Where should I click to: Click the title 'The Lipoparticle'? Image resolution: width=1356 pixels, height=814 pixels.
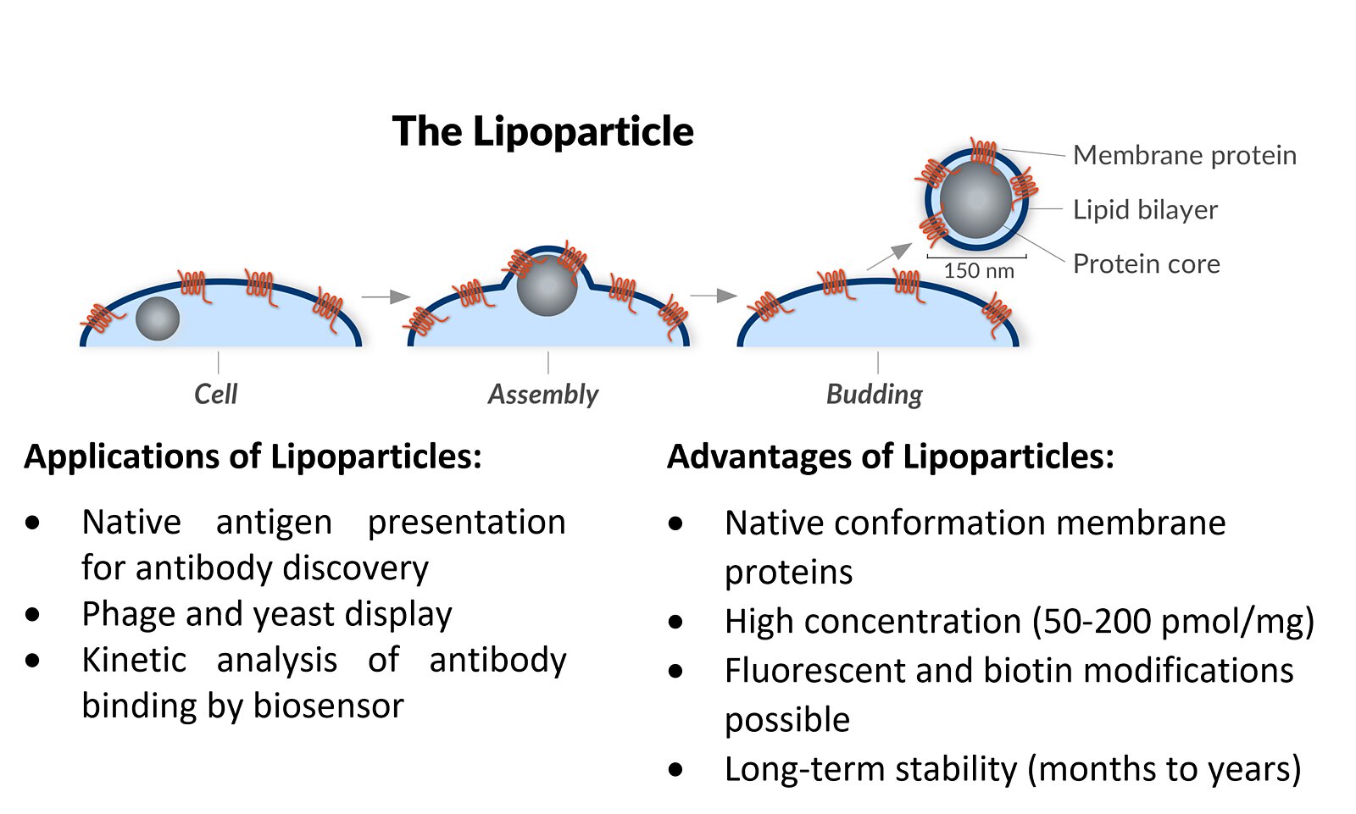point(542,132)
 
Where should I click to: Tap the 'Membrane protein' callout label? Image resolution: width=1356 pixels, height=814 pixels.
point(1184,156)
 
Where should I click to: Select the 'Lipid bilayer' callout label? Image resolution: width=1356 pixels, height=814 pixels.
point(1144,209)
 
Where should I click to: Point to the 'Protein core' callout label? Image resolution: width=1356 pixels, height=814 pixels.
point(1146,263)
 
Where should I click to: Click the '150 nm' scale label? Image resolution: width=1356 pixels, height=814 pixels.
point(978,271)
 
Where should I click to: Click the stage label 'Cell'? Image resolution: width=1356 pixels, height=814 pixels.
point(215,394)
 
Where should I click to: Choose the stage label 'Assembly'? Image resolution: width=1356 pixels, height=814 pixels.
point(542,394)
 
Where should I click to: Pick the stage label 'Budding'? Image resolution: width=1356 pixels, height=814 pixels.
point(874,394)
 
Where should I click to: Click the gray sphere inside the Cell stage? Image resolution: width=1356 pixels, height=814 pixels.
point(158,318)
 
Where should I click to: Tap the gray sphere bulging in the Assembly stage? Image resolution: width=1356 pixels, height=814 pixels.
point(547,286)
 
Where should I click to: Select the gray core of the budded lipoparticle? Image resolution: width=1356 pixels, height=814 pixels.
point(975,200)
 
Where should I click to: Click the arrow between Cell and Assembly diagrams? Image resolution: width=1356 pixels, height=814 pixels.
point(386,296)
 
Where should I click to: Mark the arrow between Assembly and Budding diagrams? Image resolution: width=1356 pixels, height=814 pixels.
point(714,296)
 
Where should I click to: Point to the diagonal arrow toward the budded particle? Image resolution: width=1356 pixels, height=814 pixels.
point(890,256)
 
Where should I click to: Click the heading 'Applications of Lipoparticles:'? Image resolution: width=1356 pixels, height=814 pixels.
point(253,457)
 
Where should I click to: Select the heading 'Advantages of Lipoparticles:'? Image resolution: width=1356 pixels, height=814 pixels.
point(890,457)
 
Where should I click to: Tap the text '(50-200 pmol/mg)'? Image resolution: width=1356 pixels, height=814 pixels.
point(1173,622)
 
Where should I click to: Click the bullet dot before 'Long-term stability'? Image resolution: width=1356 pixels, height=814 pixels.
point(675,770)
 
